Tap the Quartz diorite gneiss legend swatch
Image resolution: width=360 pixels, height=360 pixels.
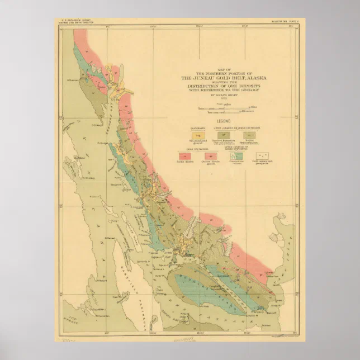tap(211, 156)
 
